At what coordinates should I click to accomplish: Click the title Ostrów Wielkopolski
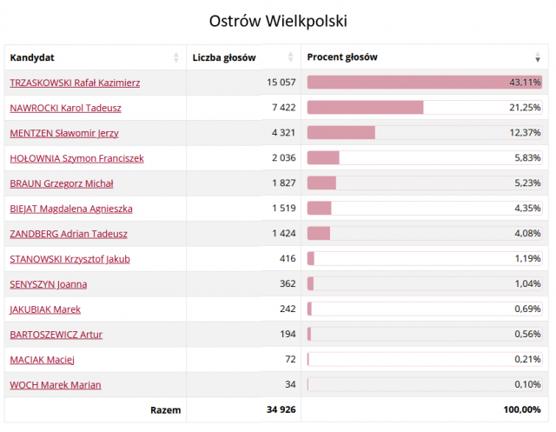pos(278,19)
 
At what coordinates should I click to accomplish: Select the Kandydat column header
pos(32,57)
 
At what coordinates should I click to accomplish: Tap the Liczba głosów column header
pos(224,57)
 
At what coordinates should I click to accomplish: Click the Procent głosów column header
pos(342,57)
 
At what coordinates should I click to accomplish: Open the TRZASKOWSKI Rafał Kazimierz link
pos(75,83)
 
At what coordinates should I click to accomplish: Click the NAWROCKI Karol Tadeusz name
pos(65,108)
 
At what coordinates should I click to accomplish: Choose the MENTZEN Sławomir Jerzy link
pos(64,133)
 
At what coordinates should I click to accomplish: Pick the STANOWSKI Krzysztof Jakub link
pos(69,259)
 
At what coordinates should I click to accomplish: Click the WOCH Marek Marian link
pos(55,385)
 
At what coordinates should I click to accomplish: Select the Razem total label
pos(166,409)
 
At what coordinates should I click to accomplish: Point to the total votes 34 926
pos(280,409)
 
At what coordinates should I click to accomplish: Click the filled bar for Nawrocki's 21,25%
pos(365,108)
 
